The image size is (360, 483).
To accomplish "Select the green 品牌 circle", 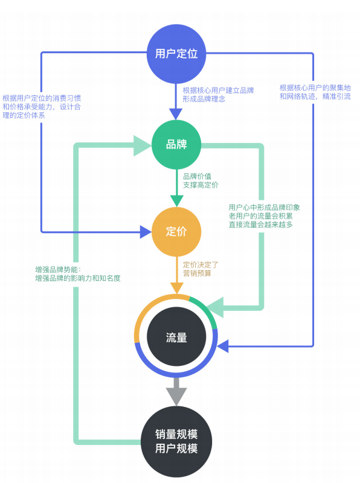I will [x=176, y=145].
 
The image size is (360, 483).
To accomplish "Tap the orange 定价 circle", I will [x=176, y=231].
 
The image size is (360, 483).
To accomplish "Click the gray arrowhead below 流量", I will [x=176, y=395].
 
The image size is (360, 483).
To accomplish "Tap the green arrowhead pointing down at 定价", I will [x=176, y=201].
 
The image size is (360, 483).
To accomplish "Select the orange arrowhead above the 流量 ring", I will [x=176, y=287].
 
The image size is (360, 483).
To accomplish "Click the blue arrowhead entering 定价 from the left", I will [x=145, y=231].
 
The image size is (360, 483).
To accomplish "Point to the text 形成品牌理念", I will [x=204, y=99].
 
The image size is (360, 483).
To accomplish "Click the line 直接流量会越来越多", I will [x=260, y=225].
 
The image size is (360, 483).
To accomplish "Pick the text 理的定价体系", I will [x=24, y=115].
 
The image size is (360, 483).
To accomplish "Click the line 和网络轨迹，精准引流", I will [x=315, y=97].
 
